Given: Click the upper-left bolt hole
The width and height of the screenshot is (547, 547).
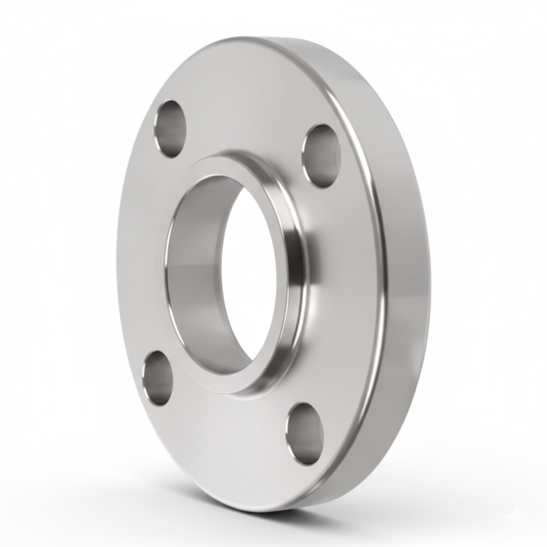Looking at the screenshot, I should [x=170, y=129].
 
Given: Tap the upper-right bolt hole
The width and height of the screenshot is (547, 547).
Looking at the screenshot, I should [x=321, y=156].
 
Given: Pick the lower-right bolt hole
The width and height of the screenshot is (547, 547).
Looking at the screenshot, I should [x=304, y=433].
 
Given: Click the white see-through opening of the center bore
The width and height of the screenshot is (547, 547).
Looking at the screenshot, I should [x=249, y=272].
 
